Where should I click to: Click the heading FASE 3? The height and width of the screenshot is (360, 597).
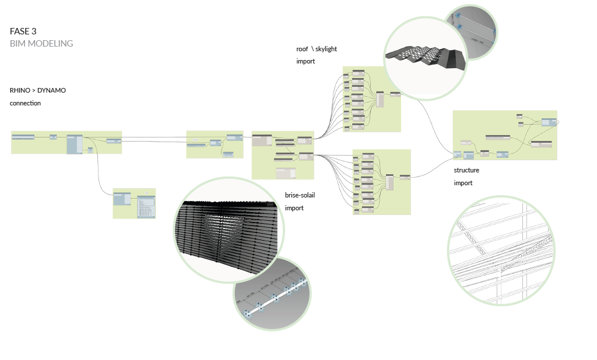[23, 31]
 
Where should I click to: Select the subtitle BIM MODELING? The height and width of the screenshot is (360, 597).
[41, 44]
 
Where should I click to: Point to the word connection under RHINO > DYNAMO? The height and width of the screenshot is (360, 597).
[25, 103]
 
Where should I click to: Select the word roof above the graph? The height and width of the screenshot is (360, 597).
[302, 49]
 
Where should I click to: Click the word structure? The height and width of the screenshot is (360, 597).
[466, 171]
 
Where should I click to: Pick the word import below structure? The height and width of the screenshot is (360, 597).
[463, 183]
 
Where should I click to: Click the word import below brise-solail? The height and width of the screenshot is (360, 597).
[294, 208]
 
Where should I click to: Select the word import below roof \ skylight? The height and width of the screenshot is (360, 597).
[305, 61]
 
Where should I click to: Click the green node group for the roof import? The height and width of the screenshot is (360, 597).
[372, 98]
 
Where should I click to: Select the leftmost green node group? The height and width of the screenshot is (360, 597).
[66, 142]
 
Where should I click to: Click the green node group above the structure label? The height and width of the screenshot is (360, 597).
[505, 135]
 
